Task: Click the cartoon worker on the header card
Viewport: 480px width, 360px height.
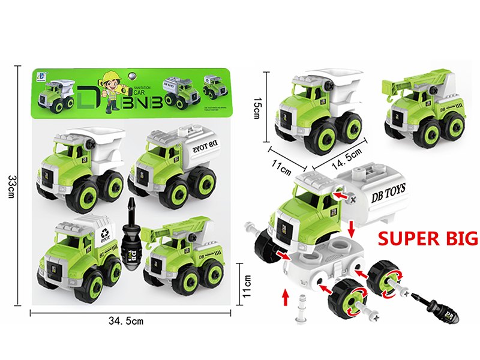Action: click(113, 90)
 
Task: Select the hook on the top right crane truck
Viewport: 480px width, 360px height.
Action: click(391, 94)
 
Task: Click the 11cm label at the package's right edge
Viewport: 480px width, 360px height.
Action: click(245, 280)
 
